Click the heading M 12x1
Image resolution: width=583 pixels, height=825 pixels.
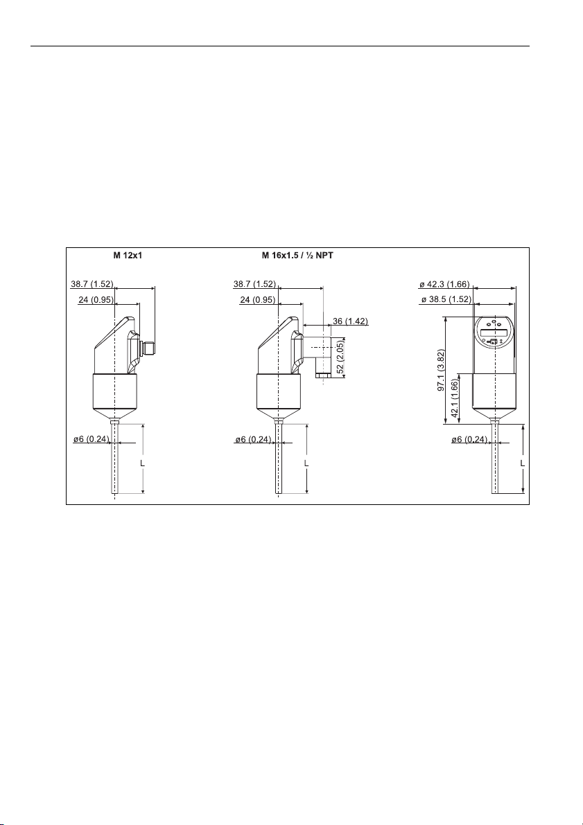(128, 256)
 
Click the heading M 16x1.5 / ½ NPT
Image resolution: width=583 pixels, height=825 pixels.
(297, 256)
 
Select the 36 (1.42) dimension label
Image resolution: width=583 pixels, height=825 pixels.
(350, 321)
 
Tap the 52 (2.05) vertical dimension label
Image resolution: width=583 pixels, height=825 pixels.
(340, 356)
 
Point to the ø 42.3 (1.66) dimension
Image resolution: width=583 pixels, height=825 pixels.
(444, 285)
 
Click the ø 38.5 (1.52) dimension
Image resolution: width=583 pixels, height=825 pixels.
(446, 299)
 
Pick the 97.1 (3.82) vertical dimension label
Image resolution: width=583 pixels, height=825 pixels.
(441, 370)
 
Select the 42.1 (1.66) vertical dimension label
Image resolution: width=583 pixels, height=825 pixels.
(455, 398)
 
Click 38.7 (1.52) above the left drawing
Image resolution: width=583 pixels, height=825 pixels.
(92, 284)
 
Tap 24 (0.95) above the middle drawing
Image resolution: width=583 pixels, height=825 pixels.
(258, 299)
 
